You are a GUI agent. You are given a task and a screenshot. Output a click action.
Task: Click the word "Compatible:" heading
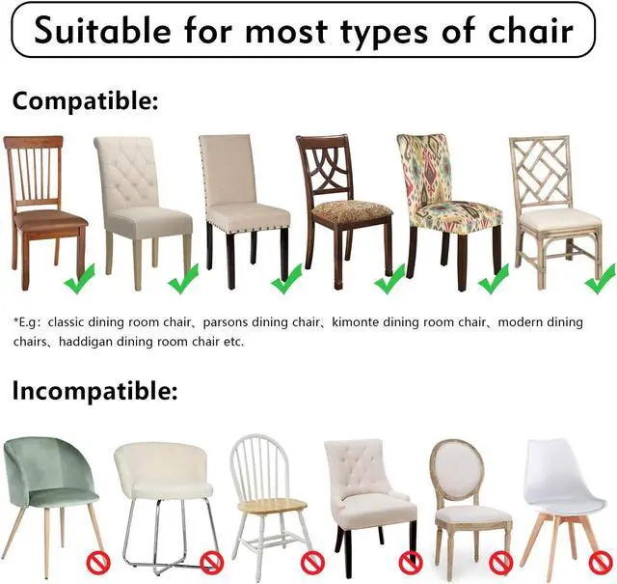coord(85,100)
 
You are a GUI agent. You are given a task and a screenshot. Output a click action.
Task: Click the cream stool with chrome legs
coord(163,492)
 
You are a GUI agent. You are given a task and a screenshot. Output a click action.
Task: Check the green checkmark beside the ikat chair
coord(494,281)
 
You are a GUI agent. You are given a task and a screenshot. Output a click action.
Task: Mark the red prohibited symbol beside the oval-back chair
coord(499,561)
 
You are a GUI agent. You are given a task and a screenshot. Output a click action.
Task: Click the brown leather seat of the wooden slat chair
coord(47,219)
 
